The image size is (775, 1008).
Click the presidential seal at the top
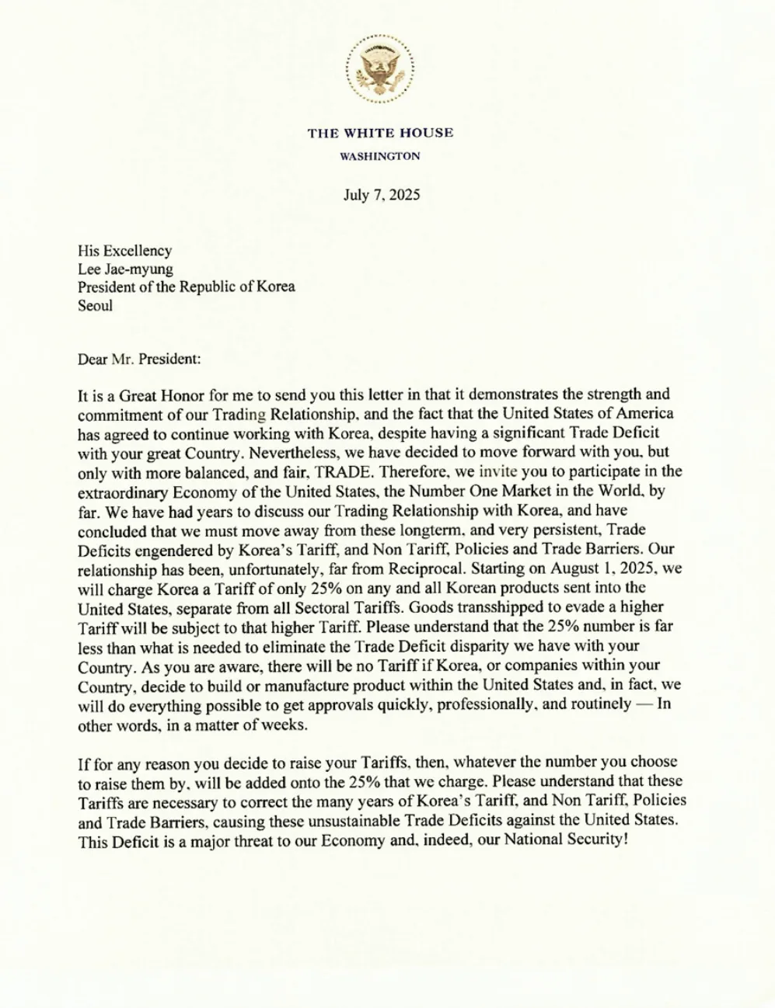[379, 69]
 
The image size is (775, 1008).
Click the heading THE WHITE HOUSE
[380, 133]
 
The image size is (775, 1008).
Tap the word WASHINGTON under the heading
[380, 156]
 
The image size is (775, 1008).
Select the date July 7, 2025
[382, 194]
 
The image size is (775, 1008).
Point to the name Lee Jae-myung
[125, 269]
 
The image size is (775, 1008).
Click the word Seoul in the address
[95, 305]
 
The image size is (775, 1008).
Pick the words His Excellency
[124, 250]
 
